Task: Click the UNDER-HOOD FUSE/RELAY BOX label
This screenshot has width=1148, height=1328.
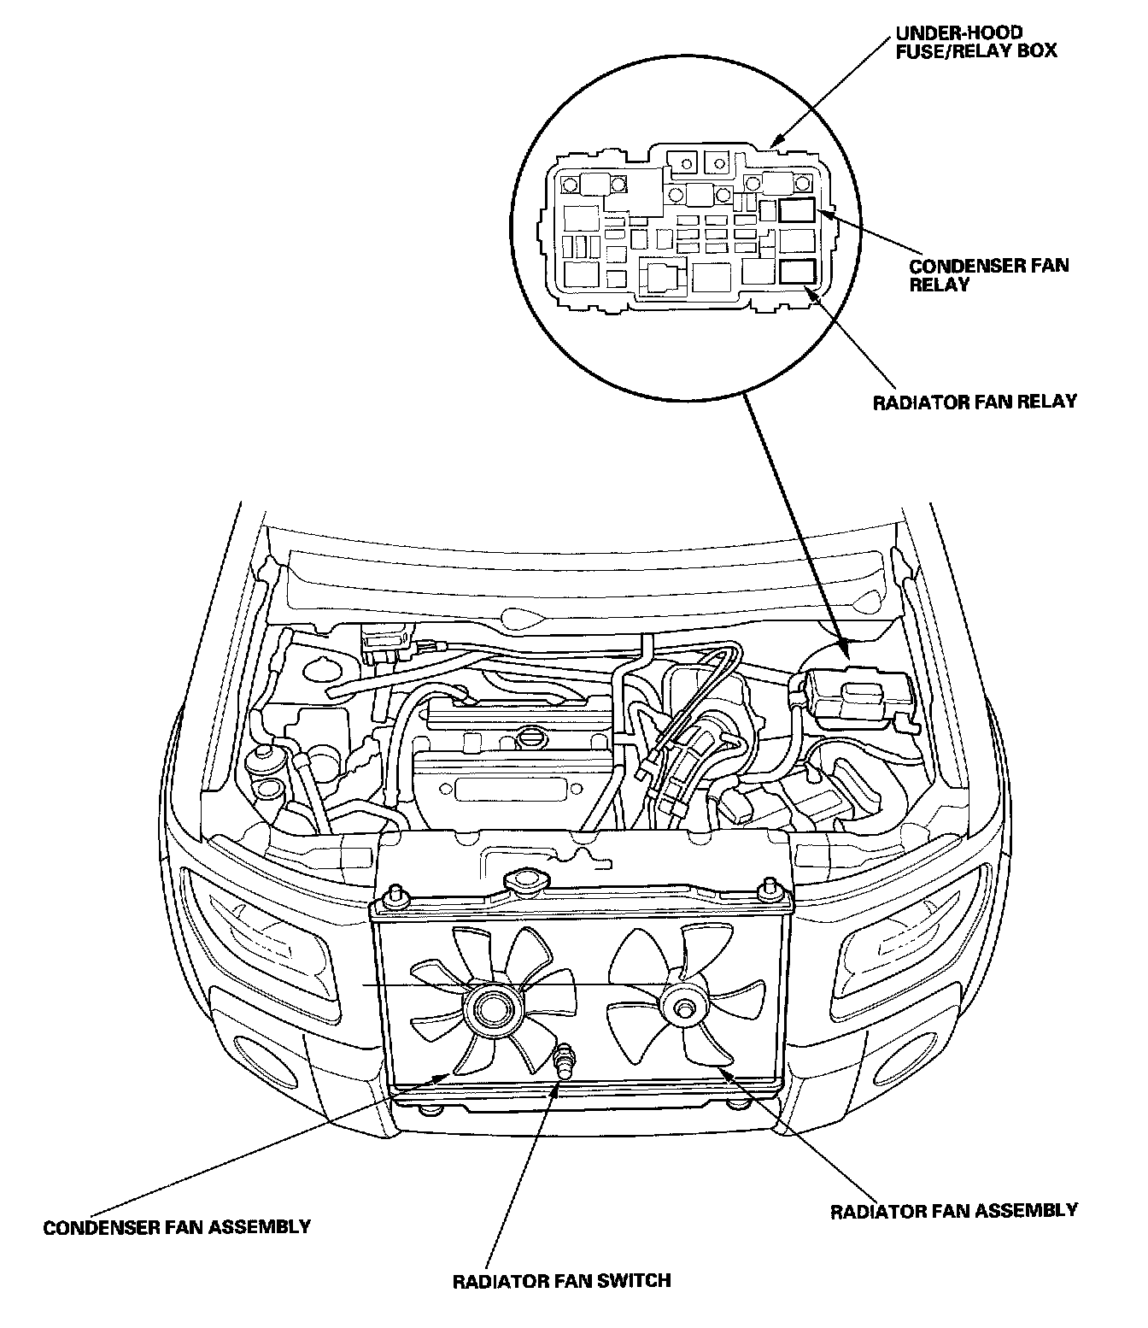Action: pyautogui.click(x=975, y=42)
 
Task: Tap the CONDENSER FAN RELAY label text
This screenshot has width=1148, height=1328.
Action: pyautogui.click(x=988, y=273)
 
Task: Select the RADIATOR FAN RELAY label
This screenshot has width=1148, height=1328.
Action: pyautogui.click(x=975, y=401)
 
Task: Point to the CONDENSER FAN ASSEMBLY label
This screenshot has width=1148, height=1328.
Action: pyautogui.click(x=177, y=1227)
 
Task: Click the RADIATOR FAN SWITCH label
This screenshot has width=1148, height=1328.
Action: pyautogui.click(x=561, y=1280)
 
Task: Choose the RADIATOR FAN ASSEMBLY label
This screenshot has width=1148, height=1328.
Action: pyautogui.click(x=954, y=1211)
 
